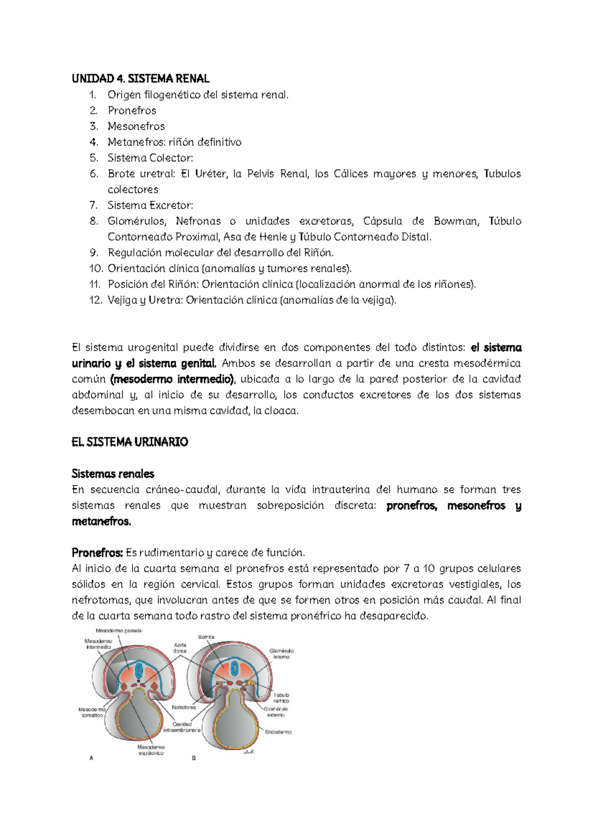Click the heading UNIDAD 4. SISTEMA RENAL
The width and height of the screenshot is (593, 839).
click(x=140, y=79)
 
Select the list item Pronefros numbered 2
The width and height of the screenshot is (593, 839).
click(x=132, y=110)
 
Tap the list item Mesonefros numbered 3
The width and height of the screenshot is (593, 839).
click(x=136, y=126)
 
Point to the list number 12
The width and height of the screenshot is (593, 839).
click(x=95, y=300)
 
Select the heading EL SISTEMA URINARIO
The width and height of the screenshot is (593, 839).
click(x=130, y=442)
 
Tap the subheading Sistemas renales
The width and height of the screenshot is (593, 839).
click(x=113, y=474)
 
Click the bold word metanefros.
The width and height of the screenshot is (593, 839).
click(x=101, y=521)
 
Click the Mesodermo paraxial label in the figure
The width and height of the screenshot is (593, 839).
click(x=119, y=631)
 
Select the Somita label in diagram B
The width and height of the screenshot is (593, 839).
click(x=206, y=637)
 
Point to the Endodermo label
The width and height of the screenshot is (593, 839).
click(x=278, y=732)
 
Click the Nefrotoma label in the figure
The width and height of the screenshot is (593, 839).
click(x=184, y=707)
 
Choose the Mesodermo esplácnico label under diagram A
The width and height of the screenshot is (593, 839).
click(x=151, y=750)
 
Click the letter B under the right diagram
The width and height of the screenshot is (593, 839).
click(x=194, y=758)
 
